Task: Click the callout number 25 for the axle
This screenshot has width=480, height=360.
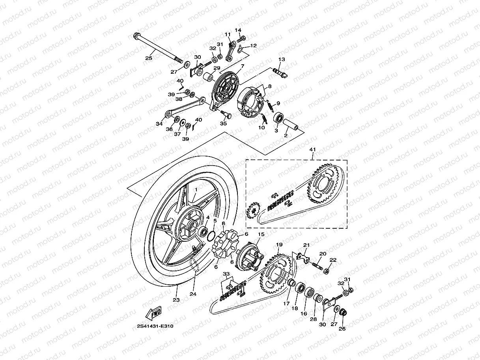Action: click(x=148, y=58)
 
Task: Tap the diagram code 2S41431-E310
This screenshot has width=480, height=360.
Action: click(x=155, y=326)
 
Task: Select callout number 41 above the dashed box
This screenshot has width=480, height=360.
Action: click(x=313, y=149)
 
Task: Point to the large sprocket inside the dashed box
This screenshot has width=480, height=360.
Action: click(x=322, y=185)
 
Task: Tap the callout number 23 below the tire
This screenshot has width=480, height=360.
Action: click(x=176, y=300)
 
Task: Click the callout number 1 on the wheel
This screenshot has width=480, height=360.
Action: click(x=195, y=190)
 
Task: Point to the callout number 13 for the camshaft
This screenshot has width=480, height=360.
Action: click(x=281, y=60)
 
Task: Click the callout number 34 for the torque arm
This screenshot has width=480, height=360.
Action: click(x=159, y=124)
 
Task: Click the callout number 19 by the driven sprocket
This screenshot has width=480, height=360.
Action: click(x=279, y=245)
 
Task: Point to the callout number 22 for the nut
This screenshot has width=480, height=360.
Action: click(x=333, y=260)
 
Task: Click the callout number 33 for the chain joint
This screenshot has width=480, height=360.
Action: click(x=226, y=274)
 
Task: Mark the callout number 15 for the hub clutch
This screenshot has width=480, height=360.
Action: click(x=260, y=234)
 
